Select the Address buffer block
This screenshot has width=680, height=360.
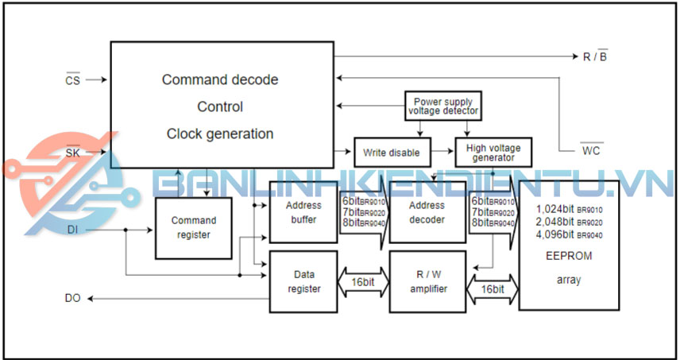pos(303,212)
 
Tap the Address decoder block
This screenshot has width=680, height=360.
pos(427,212)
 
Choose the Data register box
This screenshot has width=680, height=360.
pos(303,281)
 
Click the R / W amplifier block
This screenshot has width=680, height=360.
pos(427,281)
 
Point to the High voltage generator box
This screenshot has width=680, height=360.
pos(493,152)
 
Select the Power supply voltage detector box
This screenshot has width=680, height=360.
pos(443,106)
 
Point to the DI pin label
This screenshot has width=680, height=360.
pos(72,230)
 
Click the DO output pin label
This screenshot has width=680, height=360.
pos(72,298)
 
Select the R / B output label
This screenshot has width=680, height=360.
pos(595,57)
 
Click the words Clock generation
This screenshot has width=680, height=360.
pos(220,134)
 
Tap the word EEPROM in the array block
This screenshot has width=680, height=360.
pos(569,256)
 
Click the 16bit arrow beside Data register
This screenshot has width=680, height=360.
pos(363,281)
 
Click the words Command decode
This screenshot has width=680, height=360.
pos(220,79)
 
